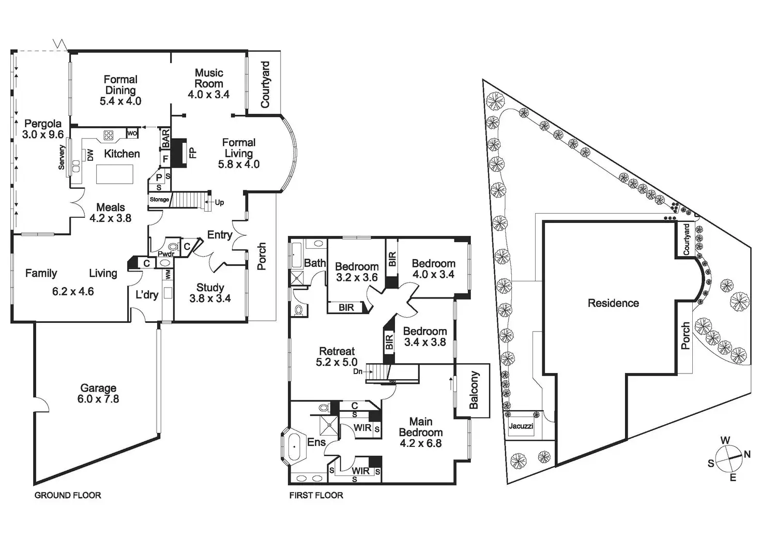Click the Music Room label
(x=209, y=78)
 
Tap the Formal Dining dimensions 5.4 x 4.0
(x=120, y=101)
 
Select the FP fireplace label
(x=192, y=153)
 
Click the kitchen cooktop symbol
(x=109, y=136)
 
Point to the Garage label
(x=98, y=388)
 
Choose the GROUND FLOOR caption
(x=68, y=496)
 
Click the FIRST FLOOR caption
(x=316, y=496)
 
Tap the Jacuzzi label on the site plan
(x=521, y=426)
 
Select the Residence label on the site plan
(x=613, y=303)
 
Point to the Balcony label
(x=474, y=390)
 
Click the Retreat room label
(x=337, y=351)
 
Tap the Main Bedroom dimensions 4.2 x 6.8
(x=421, y=443)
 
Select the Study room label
(x=210, y=288)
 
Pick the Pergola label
(x=43, y=124)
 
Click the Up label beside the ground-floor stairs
(x=219, y=202)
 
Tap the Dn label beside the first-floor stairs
(x=358, y=371)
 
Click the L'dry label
(x=147, y=295)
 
